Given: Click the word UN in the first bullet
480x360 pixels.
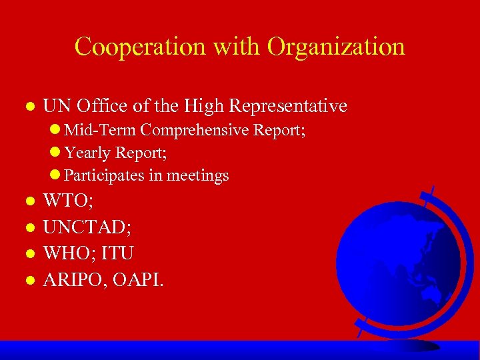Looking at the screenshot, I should click(57, 106).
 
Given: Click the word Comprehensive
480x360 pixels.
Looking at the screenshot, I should click(195, 130).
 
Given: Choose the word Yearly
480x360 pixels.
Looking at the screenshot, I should click(87, 153).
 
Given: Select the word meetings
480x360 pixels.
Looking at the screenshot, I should click(197, 176).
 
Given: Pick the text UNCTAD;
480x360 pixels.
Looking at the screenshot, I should click(87, 227).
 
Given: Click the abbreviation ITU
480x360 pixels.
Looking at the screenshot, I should click(119, 253).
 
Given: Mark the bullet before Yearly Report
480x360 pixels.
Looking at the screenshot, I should click(55, 153).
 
